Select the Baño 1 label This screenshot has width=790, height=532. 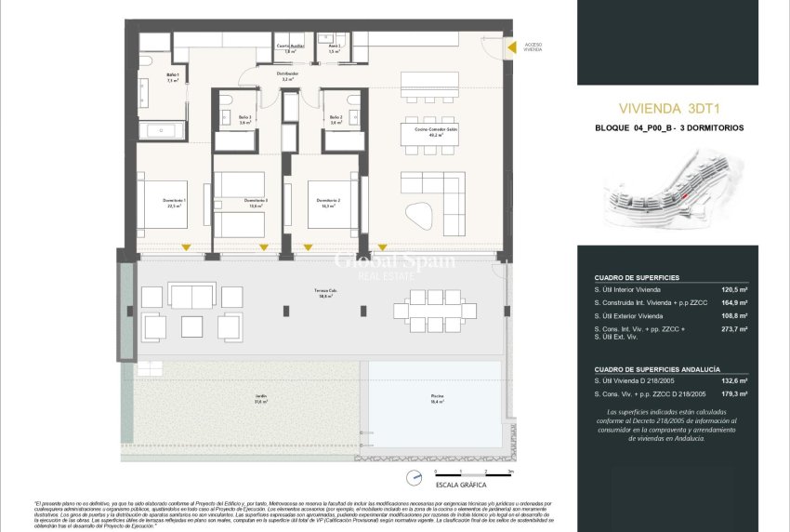click(172, 77)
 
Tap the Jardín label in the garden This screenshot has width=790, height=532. click(261, 399)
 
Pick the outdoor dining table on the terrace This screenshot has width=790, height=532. click(430, 309)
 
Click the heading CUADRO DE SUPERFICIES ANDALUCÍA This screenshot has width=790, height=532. click(658, 368)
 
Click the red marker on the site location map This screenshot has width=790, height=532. click(683, 197)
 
